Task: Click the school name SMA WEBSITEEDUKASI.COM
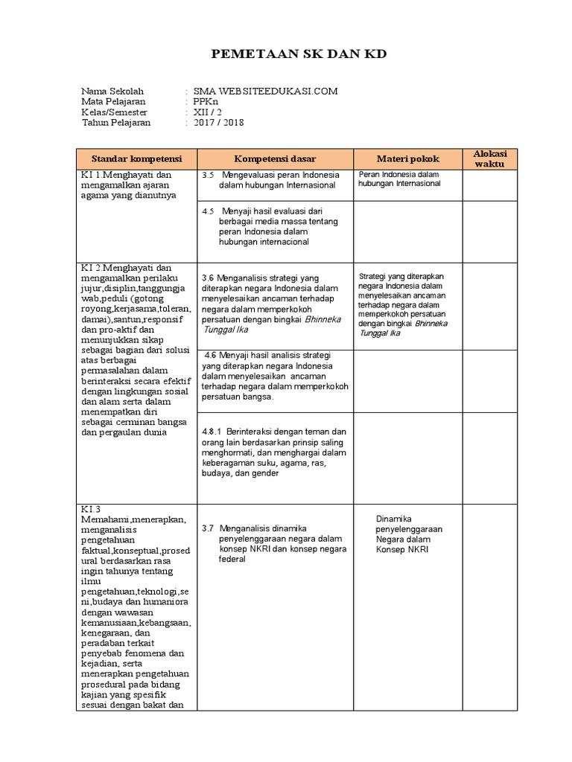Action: pos(265,91)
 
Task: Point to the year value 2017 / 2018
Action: pos(218,123)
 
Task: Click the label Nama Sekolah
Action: pos(112,91)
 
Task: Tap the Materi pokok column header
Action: pos(407,159)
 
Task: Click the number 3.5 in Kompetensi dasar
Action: pos(209,175)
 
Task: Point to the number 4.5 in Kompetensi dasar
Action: pos(209,211)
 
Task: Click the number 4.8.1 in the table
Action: pos(212,431)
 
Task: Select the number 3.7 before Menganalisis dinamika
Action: pos(209,528)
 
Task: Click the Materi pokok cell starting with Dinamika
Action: pos(409,534)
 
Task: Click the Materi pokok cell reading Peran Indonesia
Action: pos(399,179)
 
